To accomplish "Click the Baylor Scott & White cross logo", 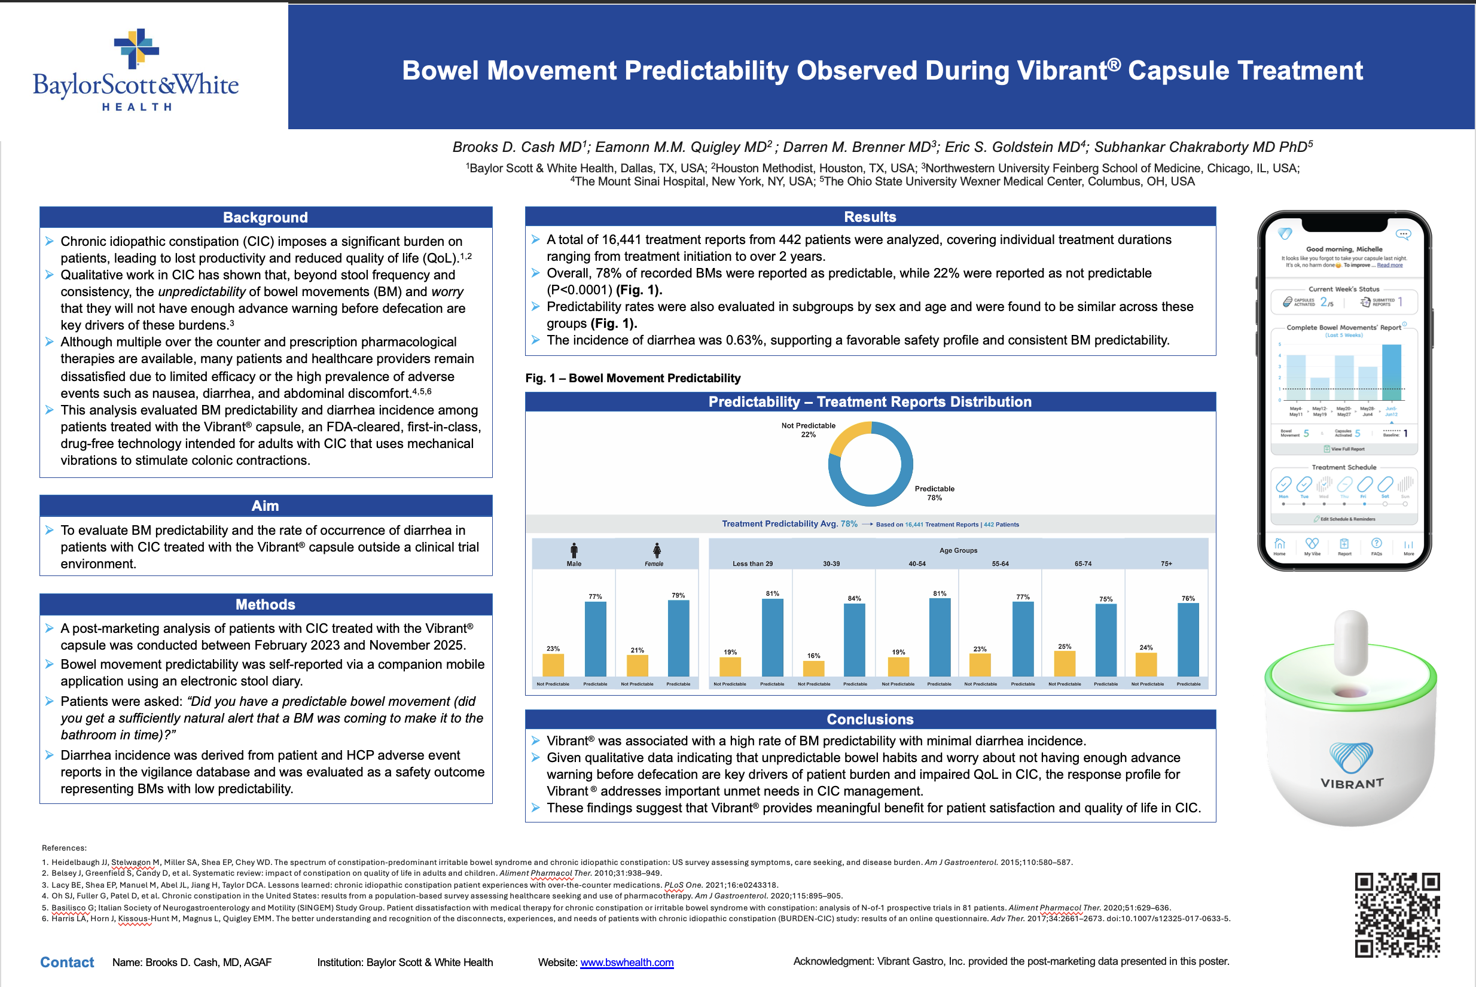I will click(136, 48).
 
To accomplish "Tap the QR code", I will click(1396, 914).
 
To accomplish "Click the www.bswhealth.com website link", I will click(627, 962).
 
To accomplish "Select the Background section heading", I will click(266, 218).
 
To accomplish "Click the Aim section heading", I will click(266, 506).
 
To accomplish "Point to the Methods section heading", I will click(266, 604).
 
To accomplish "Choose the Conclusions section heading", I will click(870, 720).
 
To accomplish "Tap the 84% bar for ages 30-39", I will click(854, 639).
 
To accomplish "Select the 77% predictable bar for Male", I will click(595, 638).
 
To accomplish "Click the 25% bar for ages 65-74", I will click(1065, 663).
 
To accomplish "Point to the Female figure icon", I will click(656, 550).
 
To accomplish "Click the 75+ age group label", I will click(1166, 564).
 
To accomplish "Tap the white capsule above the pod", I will click(1351, 641).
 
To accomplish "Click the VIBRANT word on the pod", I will click(1352, 784).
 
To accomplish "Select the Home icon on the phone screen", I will click(1279, 545).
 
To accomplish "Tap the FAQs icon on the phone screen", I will click(1376, 545).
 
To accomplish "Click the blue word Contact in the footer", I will click(68, 962).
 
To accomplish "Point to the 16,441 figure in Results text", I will click(621, 240).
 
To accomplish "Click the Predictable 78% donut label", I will click(934, 493).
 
